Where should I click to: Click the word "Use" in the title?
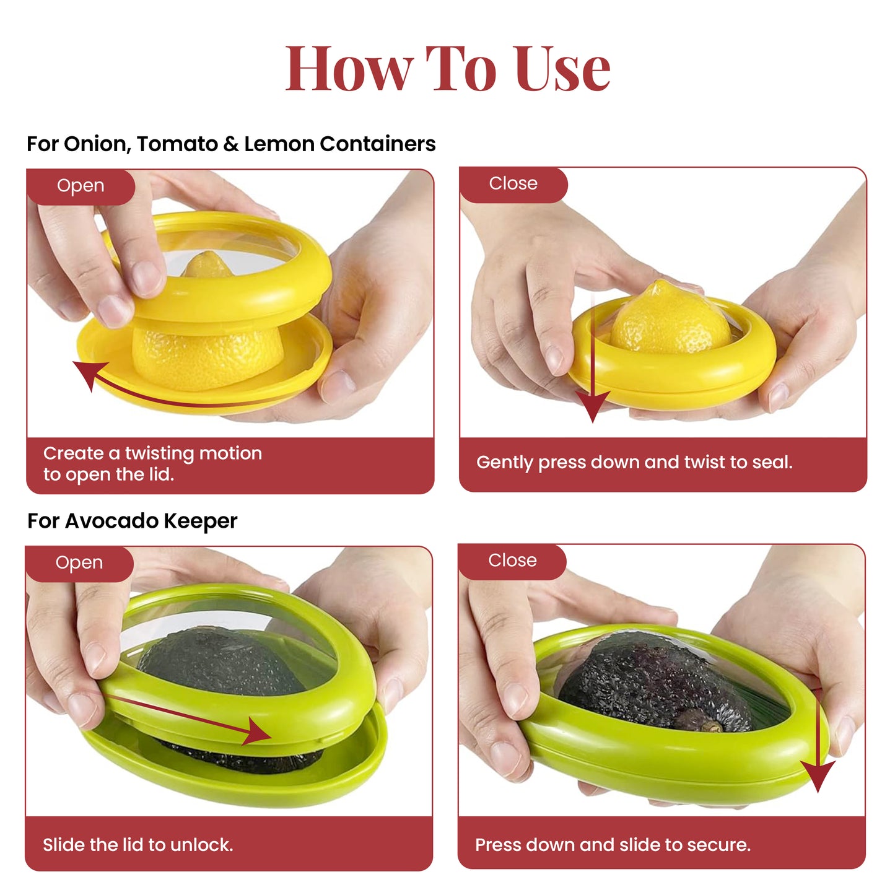562,69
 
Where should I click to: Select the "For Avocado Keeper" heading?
132,521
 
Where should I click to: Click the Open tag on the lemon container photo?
81,186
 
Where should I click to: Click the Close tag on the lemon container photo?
513,183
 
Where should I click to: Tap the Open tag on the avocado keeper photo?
79,562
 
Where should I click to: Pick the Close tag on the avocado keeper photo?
512,560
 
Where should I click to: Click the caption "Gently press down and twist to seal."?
634,462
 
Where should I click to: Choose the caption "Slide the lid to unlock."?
138,845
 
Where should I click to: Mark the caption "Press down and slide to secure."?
613,845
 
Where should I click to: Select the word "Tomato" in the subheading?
177,144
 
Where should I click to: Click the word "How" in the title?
349,69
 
